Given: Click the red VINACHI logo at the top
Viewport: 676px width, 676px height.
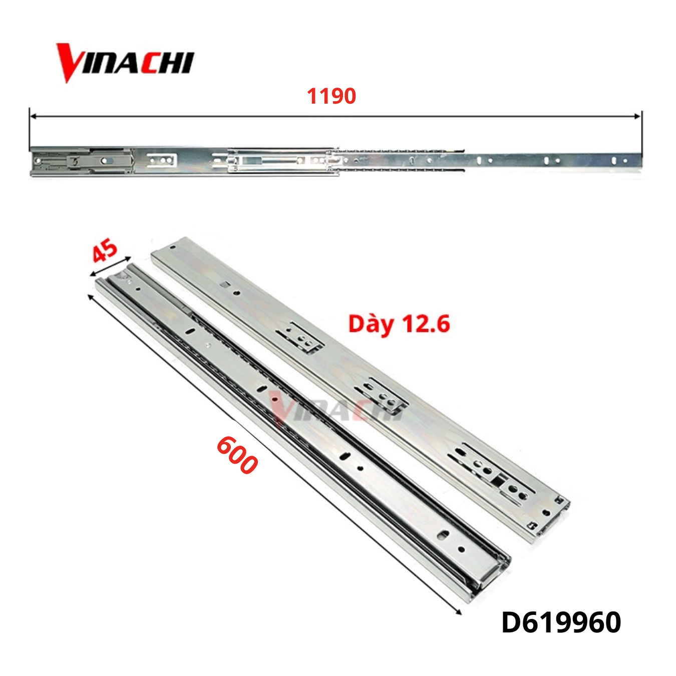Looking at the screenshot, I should point(125,63).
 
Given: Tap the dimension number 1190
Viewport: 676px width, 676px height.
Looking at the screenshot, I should point(331,96).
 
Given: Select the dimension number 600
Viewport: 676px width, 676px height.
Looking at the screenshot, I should point(237,455).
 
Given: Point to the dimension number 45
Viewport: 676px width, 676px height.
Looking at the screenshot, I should point(105,251).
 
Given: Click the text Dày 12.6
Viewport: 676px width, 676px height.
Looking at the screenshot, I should point(399,324).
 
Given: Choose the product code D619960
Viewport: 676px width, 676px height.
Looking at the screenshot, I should point(561,622).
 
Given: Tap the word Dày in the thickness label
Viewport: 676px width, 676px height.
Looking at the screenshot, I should point(371,324).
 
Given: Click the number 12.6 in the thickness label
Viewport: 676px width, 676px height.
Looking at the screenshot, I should point(426,324).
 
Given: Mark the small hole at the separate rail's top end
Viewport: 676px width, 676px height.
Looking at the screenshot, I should point(173,247).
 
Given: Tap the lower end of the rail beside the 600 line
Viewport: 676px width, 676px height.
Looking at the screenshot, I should point(488,576).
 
